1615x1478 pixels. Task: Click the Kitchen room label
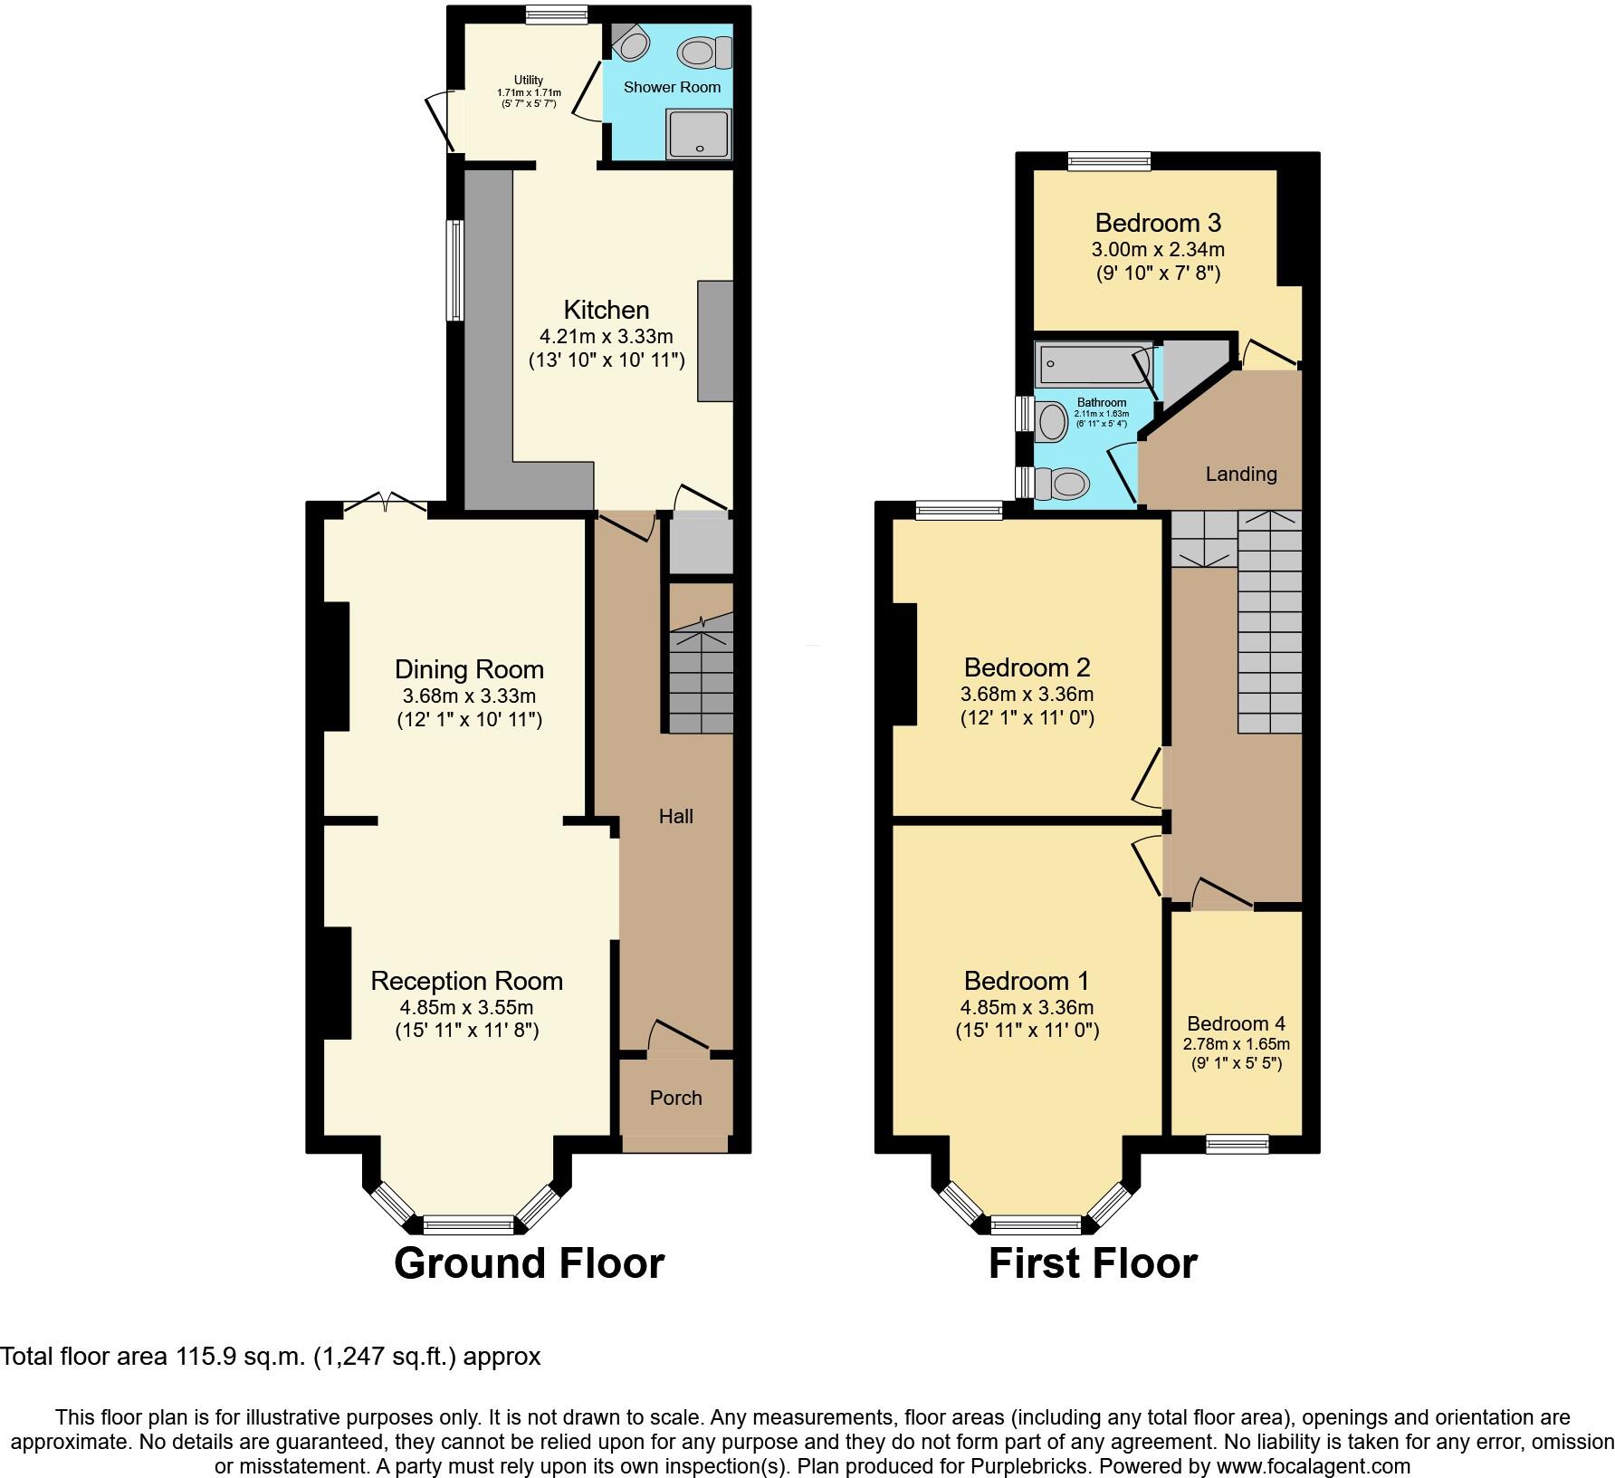click(x=606, y=310)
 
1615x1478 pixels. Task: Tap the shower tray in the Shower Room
click(x=698, y=133)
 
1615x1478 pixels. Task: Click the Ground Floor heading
click(x=529, y=1263)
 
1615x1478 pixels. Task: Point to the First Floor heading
click(x=1093, y=1263)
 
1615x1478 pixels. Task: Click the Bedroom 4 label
click(x=1236, y=1023)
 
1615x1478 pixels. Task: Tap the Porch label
click(x=675, y=1098)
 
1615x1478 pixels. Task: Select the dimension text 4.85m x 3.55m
click(x=466, y=1007)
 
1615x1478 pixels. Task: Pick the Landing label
click(x=1240, y=474)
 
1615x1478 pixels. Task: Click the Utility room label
click(x=529, y=81)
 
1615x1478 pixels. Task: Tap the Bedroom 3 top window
click(x=1109, y=161)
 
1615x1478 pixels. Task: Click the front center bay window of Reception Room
click(x=468, y=1225)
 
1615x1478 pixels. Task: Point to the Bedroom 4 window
click(x=1237, y=1145)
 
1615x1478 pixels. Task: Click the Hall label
click(x=675, y=816)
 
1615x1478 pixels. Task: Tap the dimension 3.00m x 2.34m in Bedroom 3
click(x=1158, y=249)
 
